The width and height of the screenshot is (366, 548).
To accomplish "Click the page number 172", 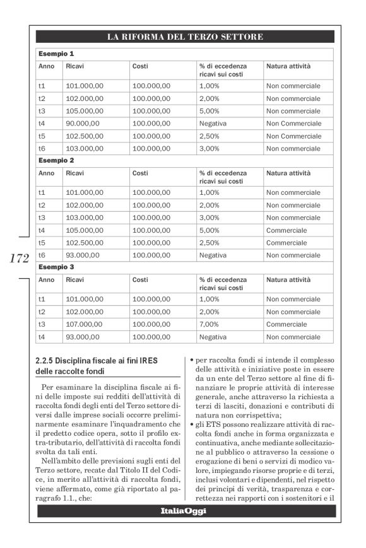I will pos(19,258).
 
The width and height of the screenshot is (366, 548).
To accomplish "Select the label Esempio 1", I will pos(56,54).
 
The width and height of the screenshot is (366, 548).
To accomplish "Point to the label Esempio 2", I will pos(56,160).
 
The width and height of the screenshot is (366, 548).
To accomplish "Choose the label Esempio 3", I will pos(56,267).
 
